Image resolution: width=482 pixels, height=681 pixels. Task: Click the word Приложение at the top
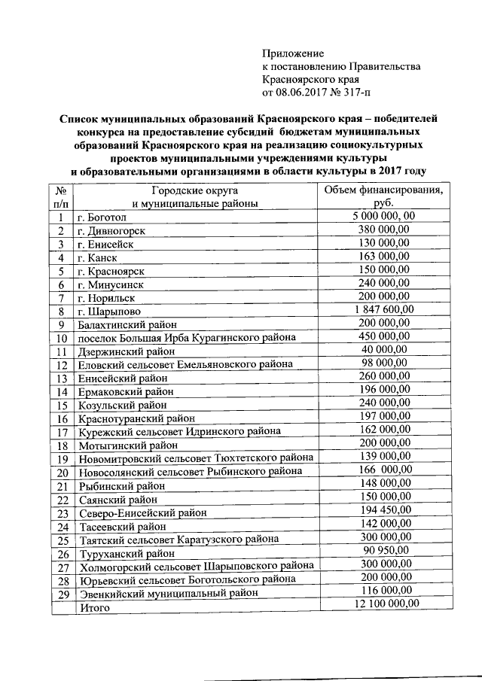292,53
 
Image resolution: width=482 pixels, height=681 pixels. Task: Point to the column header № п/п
61,196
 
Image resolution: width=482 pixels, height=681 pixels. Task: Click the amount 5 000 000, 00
383,217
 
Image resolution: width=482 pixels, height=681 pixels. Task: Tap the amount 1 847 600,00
382,309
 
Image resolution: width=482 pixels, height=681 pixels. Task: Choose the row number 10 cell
62,338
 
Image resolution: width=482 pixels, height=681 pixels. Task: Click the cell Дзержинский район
125,351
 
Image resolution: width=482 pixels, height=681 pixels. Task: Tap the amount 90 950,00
382,551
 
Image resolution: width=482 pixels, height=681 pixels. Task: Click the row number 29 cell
62,593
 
